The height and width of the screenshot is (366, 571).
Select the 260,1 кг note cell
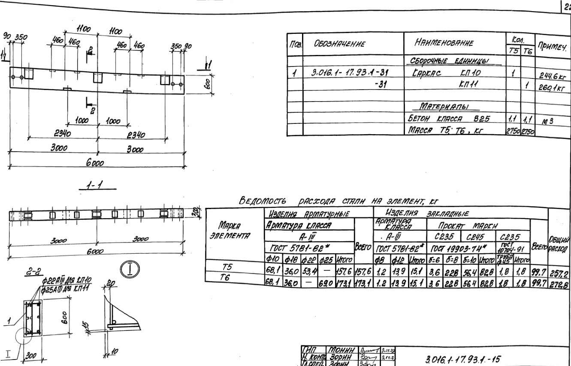coord(552,87)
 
